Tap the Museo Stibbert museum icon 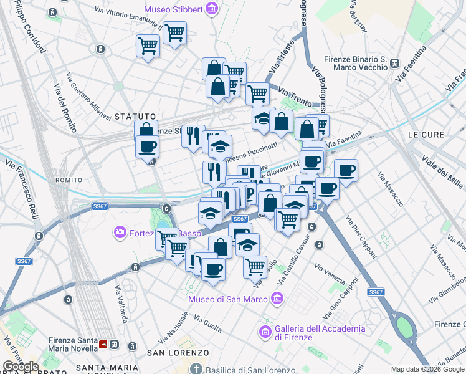click(x=213, y=9)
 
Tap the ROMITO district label click(x=69, y=180)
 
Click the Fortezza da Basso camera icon click(x=119, y=233)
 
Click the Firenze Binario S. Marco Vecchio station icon click(x=394, y=62)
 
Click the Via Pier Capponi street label click(x=361, y=237)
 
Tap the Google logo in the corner click(x=21, y=367)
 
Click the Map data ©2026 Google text click(x=427, y=369)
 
